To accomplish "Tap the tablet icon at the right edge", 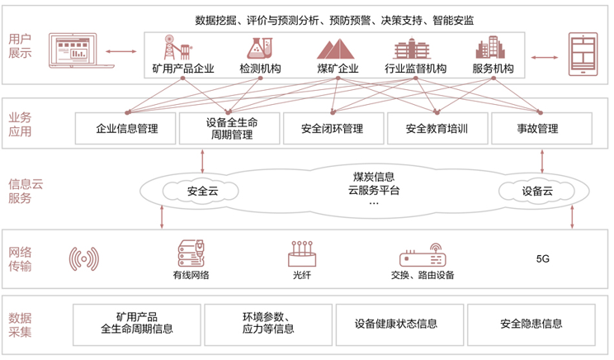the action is [x=583, y=54].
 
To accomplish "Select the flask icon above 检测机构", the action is [x=260, y=48].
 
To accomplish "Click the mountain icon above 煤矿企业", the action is [x=336, y=49].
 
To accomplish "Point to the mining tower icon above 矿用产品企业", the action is [x=177, y=47].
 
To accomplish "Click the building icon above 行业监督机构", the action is [x=412, y=48].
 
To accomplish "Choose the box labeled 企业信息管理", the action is [x=125, y=129].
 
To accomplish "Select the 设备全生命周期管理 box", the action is [x=229, y=129].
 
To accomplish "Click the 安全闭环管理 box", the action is [x=333, y=129].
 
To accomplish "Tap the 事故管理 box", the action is [x=541, y=129].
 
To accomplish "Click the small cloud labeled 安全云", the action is [x=201, y=192].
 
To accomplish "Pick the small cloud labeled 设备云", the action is [x=536, y=192].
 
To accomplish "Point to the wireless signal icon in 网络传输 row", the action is [x=84, y=259].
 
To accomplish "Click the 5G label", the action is [x=543, y=259].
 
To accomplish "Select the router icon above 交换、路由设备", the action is [x=423, y=255].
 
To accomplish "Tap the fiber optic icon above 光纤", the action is [x=302, y=253].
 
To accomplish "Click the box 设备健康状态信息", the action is [x=399, y=324].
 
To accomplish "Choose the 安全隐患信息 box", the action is [x=531, y=324].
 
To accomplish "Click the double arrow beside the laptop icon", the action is [x=121, y=51].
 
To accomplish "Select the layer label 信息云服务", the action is [x=26, y=192].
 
